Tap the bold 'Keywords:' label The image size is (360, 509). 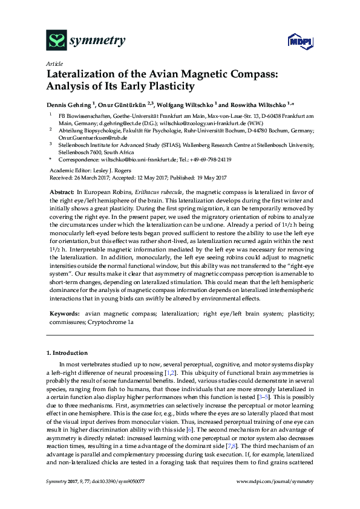pyautogui.click(x=62, y=315)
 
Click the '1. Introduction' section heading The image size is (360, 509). pyautogui.click(x=67, y=352)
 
